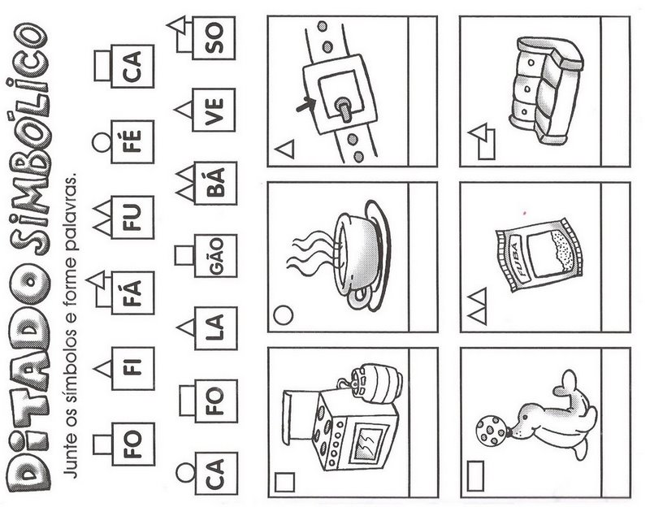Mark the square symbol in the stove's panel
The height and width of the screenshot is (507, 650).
pos(284,483)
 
